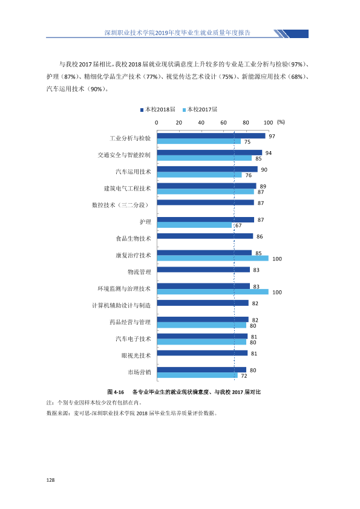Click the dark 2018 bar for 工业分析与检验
pos(211,136)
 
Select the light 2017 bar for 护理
pos(194,225)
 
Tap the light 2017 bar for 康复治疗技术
pos(213,258)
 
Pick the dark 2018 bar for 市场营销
pos(201,370)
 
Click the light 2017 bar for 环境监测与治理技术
pos(213,292)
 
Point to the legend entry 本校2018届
pos(157,110)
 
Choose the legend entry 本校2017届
pos(200,110)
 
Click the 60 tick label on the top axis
pos(223,123)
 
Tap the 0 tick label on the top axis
pos(157,123)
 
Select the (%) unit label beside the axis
pos(281,122)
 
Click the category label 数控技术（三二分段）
pos(121,205)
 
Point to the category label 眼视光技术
pos(137,355)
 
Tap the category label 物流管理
pos(139,272)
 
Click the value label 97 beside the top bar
pos(272,137)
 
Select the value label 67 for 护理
pos(238,225)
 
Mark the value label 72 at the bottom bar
pos(244,376)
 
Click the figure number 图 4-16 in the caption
pos(116,392)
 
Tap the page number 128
pos(50,480)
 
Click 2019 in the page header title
pos(161,33)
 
